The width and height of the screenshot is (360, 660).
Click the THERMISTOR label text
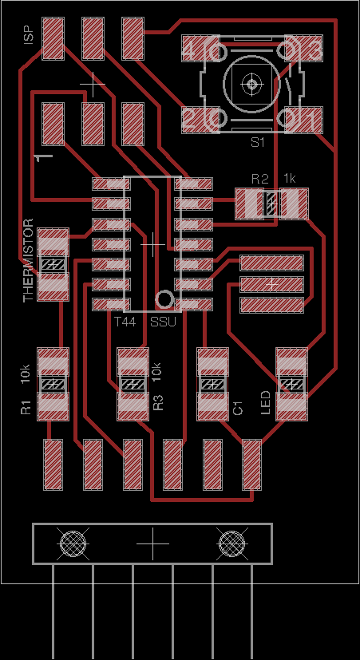click(x=28, y=260)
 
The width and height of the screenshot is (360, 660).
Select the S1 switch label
click(x=258, y=142)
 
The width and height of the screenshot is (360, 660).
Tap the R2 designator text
click(x=259, y=179)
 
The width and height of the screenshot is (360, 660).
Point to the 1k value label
click(x=290, y=179)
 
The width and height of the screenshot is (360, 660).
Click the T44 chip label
click(x=125, y=322)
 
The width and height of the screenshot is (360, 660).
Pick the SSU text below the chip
click(x=164, y=322)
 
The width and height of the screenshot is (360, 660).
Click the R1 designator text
click(x=26, y=408)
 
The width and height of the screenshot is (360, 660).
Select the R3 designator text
click(x=158, y=403)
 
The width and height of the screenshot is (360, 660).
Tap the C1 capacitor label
click(x=238, y=408)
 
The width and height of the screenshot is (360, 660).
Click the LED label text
click(x=266, y=403)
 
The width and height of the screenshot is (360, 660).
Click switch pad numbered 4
click(x=200, y=49)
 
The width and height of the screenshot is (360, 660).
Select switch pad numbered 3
click(x=304, y=49)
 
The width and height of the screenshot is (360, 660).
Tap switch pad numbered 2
click(x=200, y=120)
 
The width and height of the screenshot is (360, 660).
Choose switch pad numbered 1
click(x=304, y=120)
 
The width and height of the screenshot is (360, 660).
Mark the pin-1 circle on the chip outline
click(x=164, y=299)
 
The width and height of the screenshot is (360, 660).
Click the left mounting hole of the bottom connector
click(x=73, y=543)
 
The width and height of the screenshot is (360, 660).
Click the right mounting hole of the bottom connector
click(x=231, y=543)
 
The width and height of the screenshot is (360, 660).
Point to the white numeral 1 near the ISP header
click(x=44, y=156)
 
